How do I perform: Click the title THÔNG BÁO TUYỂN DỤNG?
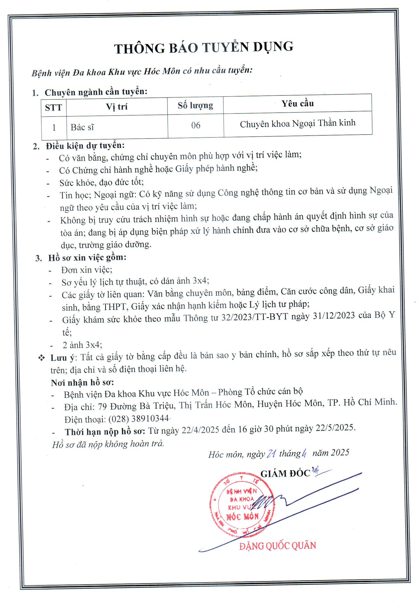203,48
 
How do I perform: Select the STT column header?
53,107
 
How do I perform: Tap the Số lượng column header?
195,105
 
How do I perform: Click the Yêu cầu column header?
298,104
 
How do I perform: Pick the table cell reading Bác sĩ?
82,127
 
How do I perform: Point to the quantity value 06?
196,125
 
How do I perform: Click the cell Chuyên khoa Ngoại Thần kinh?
298,123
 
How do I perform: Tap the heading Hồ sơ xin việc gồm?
87,257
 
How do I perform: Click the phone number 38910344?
150,418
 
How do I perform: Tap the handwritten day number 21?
271,454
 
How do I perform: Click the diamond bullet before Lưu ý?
41,358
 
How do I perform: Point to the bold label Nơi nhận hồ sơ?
82,383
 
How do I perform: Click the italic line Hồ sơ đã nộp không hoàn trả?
108,443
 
